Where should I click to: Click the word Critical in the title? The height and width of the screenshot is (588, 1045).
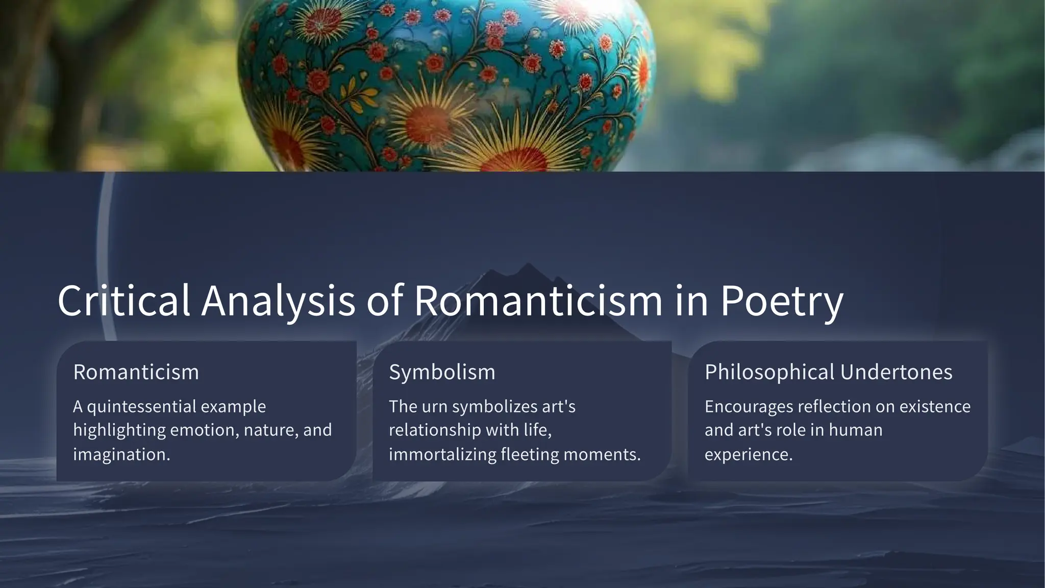[x=124, y=301]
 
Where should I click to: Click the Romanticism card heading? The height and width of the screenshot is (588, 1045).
[x=136, y=372]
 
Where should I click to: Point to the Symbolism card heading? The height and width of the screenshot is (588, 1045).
[x=442, y=372]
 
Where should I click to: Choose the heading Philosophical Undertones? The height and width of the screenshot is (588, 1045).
[x=828, y=372]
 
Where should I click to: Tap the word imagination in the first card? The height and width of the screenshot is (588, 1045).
[x=120, y=454]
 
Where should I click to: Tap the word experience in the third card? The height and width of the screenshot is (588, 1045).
[x=748, y=454]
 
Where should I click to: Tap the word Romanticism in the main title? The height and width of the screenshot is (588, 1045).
[x=538, y=301]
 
